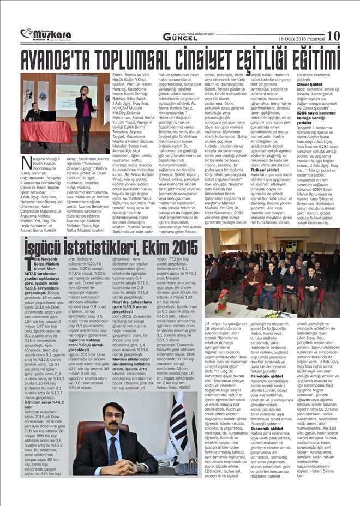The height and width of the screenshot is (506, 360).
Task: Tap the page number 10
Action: [333, 35]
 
